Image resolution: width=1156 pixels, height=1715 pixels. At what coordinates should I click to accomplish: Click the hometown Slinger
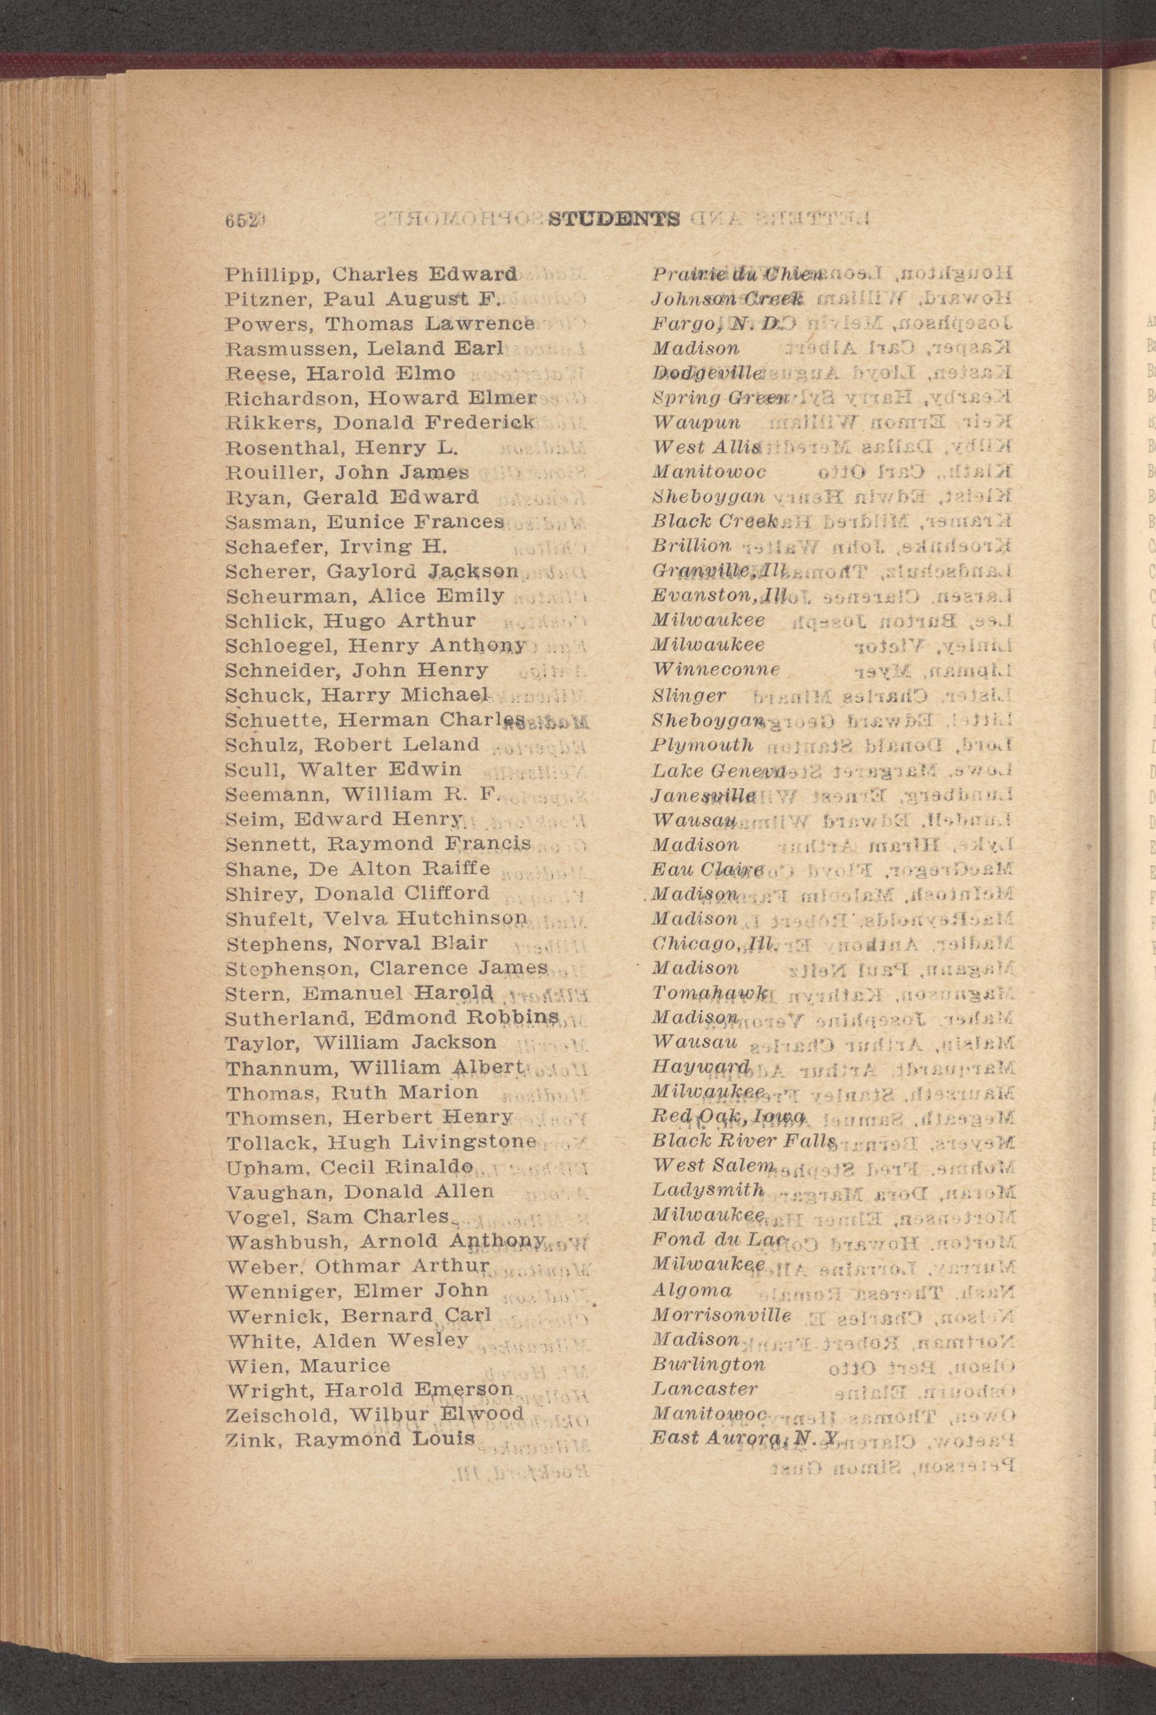(689, 695)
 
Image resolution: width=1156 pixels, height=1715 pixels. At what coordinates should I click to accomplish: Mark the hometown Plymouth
(703, 745)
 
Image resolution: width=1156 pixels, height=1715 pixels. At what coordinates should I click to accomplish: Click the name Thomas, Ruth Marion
(352, 1092)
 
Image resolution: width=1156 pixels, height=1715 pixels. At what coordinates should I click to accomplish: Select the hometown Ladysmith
(708, 1191)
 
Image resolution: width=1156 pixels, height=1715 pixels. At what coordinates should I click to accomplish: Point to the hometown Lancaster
(705, 1390)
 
